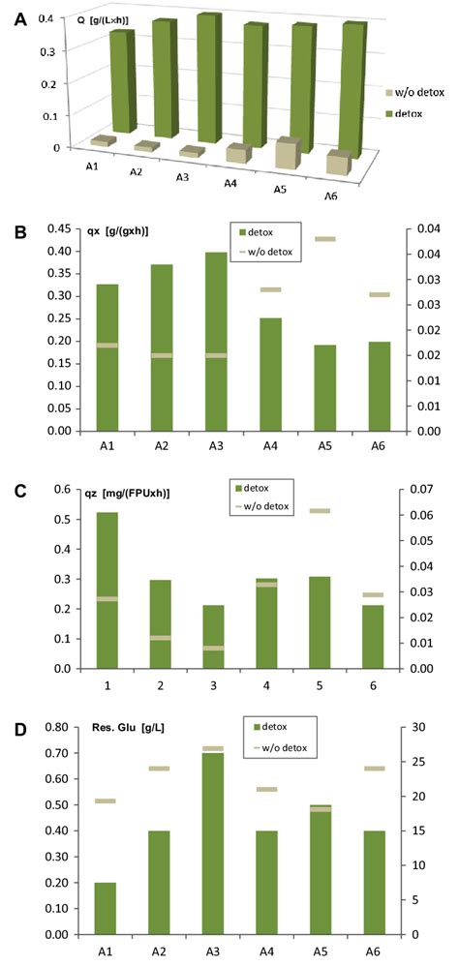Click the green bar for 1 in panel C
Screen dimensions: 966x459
(107, 590)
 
